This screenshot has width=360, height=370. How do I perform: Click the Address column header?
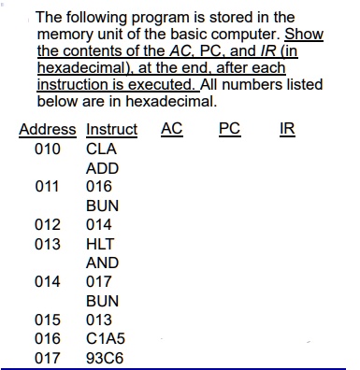point(49,130)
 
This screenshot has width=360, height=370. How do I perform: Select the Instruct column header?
point(111,130)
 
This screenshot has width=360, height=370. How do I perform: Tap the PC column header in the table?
point(228,129)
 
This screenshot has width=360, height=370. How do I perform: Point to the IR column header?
point(287,129)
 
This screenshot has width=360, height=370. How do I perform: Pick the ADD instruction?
point(102,168)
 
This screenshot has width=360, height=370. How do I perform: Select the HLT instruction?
point(100,244)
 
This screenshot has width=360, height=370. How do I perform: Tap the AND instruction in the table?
point(102,263)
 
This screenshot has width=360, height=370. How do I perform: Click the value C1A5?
point(105,338)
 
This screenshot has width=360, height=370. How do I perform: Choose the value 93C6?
point(105,357)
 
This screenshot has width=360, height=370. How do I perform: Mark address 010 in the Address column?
point(47,149)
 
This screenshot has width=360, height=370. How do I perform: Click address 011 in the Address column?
point(47,187)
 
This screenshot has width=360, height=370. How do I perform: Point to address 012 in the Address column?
point(47,225)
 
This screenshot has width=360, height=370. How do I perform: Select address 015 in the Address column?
point(47,320)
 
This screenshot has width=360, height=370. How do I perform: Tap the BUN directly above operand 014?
point(102,206)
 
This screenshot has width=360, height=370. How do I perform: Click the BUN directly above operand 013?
point(102,301)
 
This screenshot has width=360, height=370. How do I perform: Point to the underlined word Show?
point(304,34)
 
